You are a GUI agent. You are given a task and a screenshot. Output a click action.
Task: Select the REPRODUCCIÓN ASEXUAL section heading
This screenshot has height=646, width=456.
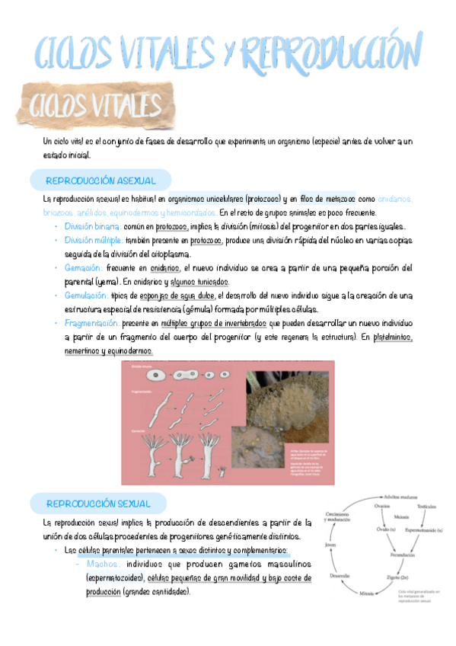tap(101, 181)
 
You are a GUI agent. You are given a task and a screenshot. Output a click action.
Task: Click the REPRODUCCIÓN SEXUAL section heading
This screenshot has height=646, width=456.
tap(99, 504)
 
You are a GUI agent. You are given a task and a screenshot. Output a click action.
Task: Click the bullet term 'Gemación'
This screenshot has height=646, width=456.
tap(84, 268)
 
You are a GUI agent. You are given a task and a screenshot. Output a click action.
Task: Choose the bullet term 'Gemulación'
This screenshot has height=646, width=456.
tap(86, 296)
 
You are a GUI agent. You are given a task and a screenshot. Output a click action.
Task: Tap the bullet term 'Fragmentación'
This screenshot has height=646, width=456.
tap(92, 323)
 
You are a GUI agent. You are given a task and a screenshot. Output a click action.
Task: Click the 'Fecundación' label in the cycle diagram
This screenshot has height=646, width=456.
tap(401, 555)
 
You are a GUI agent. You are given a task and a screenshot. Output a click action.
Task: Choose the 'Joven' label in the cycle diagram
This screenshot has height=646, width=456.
tap(330, 545)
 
